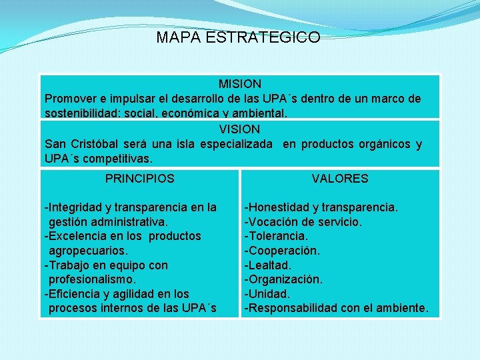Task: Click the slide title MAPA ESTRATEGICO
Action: pos(238,38)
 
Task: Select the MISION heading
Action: pos(240,85)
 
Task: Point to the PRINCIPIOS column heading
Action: pos(140,179)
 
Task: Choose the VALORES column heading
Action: pos(340,179)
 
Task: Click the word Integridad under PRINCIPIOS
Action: pos(73,207)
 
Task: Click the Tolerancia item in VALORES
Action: pos(277,236)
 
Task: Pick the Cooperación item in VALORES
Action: pos(283,251)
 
